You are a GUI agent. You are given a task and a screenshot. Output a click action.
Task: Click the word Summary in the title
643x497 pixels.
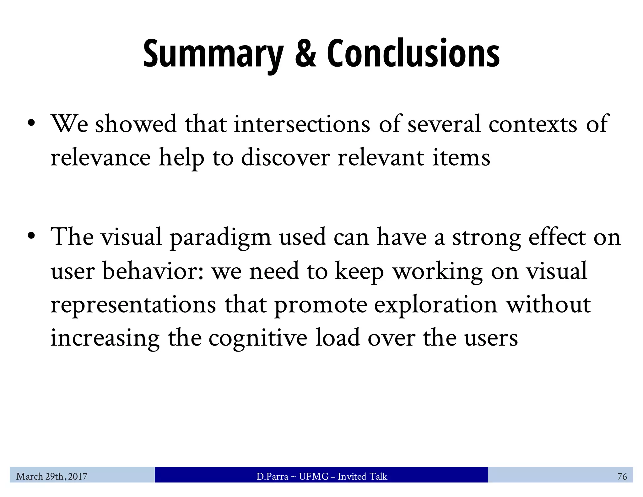pyautogui.click(x=213, y=53)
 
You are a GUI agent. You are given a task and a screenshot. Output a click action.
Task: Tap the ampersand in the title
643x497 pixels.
pyautogui.click(x=305, y=53)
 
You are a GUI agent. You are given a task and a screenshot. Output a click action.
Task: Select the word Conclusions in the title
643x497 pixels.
pyautogui.click(x=413, y=53)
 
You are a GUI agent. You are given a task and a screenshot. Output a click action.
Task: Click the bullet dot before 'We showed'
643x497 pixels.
pyautogui.click(x=31, y=123)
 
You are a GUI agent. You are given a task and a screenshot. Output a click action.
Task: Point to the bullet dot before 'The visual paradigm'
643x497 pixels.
pyautogui.click(x=31, y=236)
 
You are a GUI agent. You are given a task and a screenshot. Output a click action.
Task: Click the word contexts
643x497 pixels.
pyautogui.click(x=533, y=124)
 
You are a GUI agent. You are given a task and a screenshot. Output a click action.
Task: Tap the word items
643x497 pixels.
pyautogui.click(x=461, y=157)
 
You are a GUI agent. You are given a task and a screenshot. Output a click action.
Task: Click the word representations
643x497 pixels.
pyautogui.click(x=133, y=305)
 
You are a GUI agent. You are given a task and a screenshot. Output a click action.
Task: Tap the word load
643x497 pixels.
pyautogui.click(x=338, y=338)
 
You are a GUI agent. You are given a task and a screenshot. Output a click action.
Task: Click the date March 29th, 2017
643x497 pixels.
pyautogui.click(x=52, y=477)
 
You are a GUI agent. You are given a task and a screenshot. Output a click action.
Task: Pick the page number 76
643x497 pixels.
pyautogui.click(x=622, y=477)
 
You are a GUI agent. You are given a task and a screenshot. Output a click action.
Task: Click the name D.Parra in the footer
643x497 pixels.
pyautogui.click(x=272, y=477)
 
